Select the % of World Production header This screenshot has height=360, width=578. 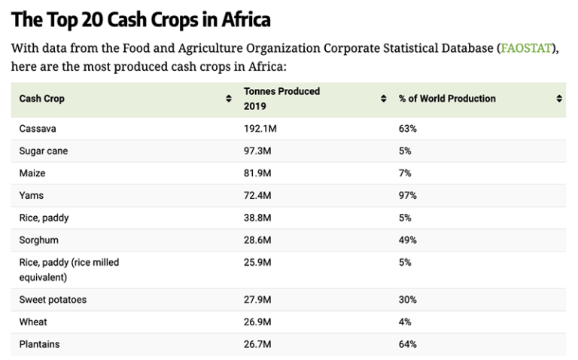coord(447,99)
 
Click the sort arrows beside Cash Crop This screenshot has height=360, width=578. coord(229,99)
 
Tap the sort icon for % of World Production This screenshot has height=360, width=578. coord(559,99)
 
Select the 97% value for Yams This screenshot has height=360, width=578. coord(407,196)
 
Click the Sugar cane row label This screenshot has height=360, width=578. coord(43,151)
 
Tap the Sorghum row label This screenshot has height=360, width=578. coord(38,240)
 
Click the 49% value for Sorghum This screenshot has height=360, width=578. coord(407,240)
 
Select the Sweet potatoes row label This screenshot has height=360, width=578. coord(53,300)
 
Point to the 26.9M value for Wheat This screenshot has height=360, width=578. coord(257,322)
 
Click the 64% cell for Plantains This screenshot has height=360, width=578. coord(407,344)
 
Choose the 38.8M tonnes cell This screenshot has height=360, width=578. coord(257,218)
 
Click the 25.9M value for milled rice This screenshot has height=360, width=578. coord(257,263)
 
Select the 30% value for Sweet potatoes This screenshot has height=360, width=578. coord(407,300)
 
